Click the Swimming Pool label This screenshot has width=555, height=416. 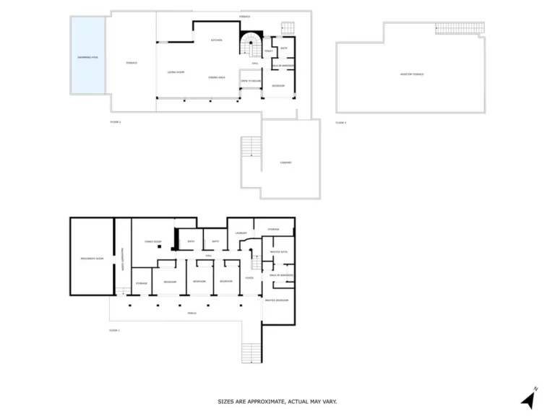[x=87, y=56]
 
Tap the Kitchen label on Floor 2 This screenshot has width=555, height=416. [x=216, y=40]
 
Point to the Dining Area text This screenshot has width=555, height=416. [x=216, y=77]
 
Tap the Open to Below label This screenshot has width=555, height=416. [x=250, y=81]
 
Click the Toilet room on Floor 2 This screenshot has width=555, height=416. [x=268, y=51]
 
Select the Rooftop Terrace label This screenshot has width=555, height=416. [x=412, y=74]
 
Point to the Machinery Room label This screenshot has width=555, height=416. [x=92, y=258]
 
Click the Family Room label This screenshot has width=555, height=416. [x=152, y=241]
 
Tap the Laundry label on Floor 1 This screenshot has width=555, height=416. [x=241, y=233]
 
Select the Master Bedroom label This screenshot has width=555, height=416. [x=277, y=300]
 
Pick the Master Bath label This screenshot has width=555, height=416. [x=277, y=251]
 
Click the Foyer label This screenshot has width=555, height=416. [x=249, y=278]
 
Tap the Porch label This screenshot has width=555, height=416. [x=192, y=313]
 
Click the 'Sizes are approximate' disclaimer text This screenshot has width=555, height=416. [x=277, y=402]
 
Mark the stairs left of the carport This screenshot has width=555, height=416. [x=250, y=147]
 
